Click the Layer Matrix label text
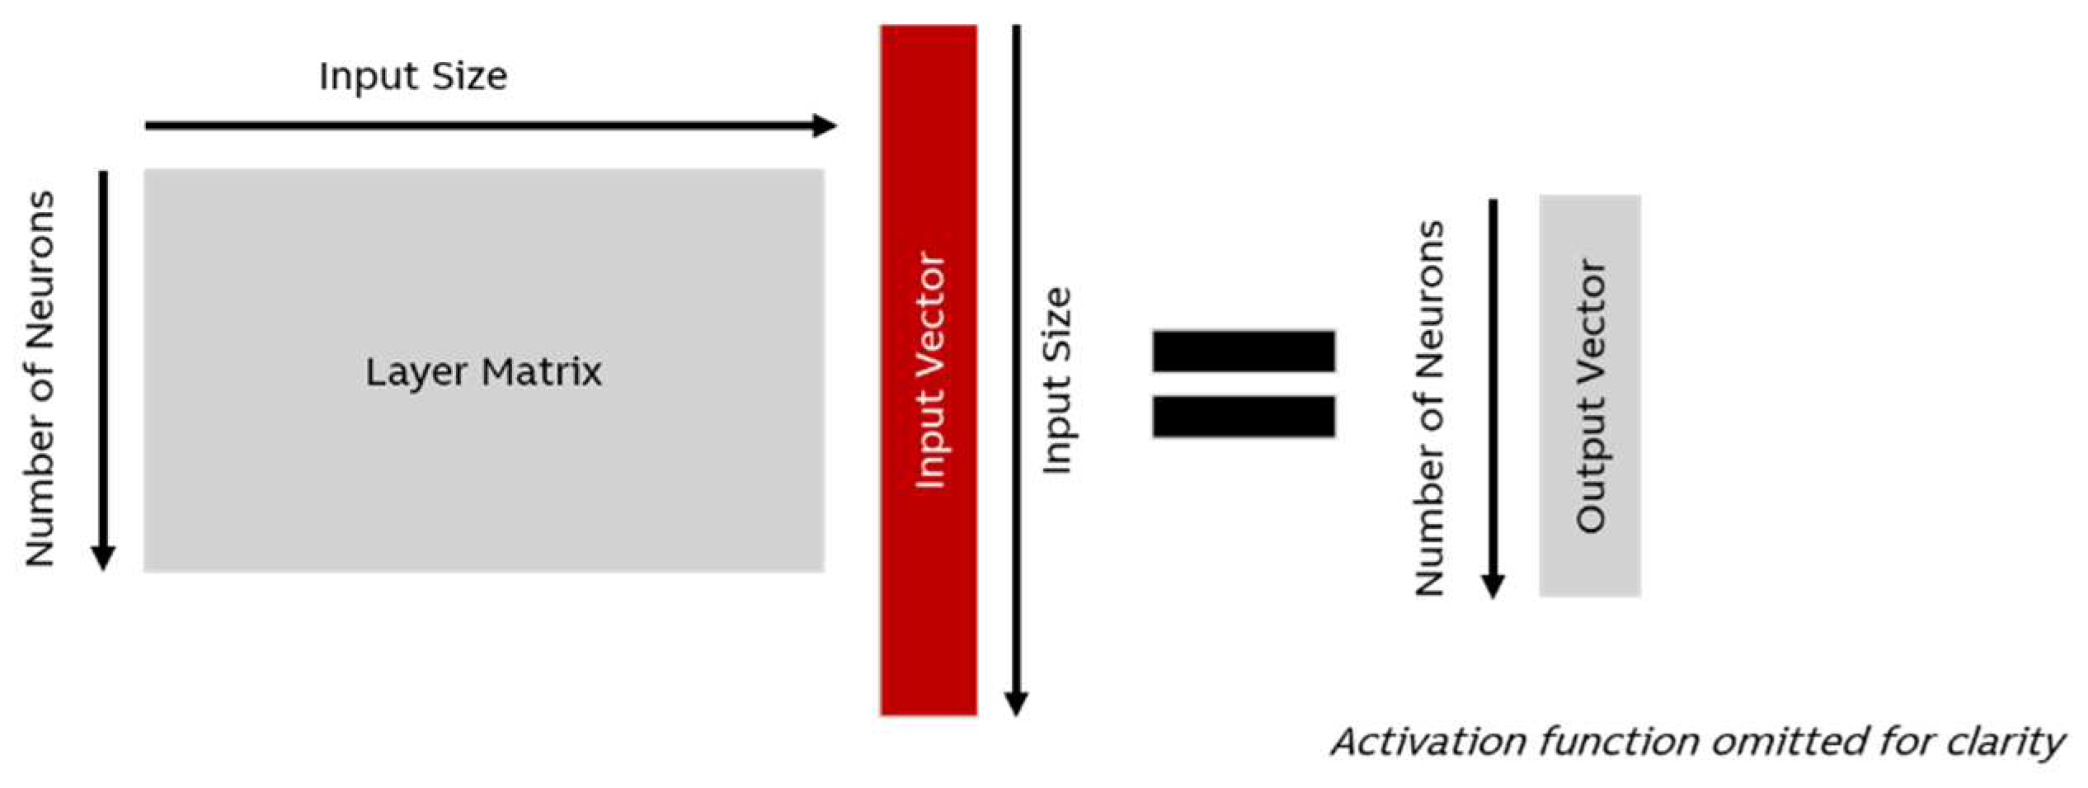(483, 372)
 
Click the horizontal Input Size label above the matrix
(413, 77)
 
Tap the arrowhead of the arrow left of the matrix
(103, 558)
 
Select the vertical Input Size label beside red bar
(1057, 380)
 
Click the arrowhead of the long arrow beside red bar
(1016, 703)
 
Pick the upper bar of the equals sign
(1244, 351)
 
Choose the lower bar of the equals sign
(1244, 416)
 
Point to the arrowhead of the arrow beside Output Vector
(1493, 585)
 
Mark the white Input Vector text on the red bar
(930, 370)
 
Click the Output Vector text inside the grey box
(1591, 396)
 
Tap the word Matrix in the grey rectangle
(542, 372)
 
